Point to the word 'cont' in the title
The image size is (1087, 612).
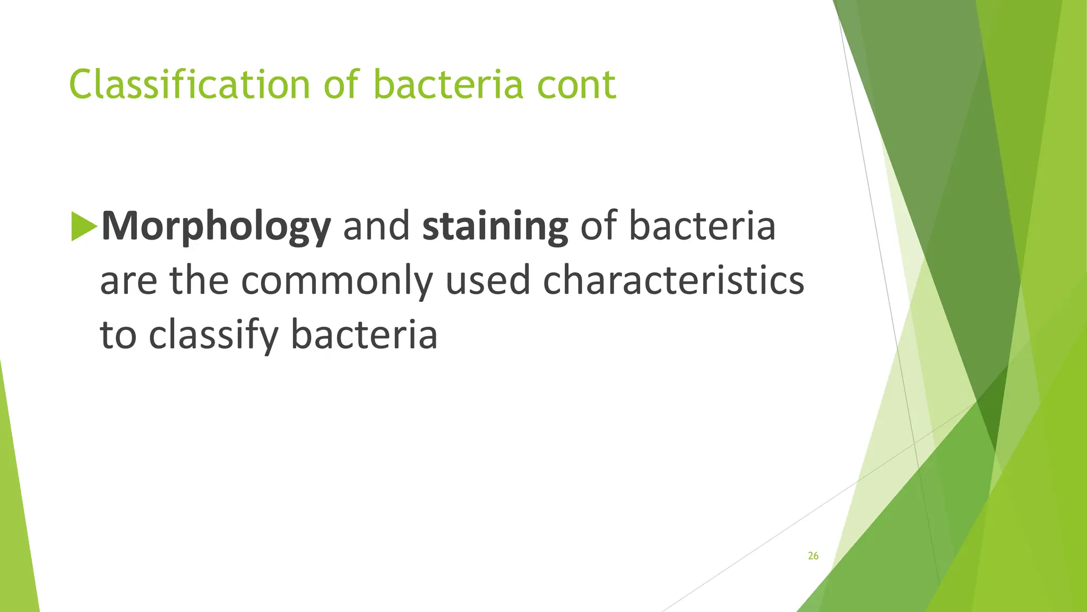click(576, 84)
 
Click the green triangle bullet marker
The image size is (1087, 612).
click(83, 226)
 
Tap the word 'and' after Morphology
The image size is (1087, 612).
click(376, 226)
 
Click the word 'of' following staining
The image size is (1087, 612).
click(598, 226)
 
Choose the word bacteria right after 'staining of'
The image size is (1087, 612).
click(702, 226)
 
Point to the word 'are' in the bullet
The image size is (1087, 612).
click(128, 281)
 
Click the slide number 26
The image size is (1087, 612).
click(813, 556)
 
